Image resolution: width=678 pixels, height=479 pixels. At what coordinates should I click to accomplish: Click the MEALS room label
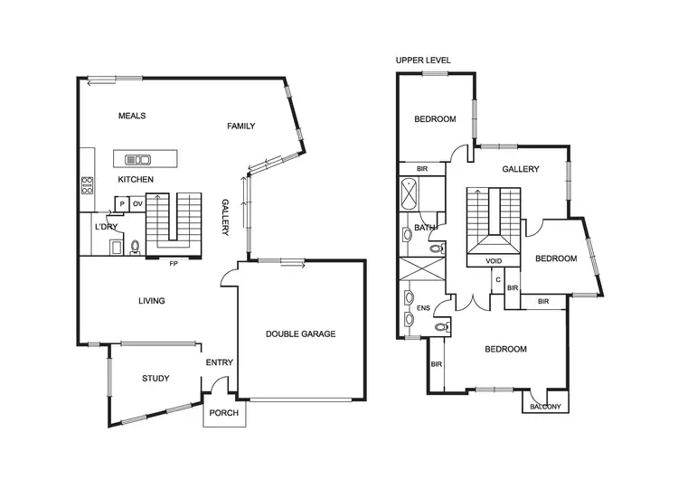coord(132,116)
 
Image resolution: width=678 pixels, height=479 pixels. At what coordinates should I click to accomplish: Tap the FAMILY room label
coord(241,127)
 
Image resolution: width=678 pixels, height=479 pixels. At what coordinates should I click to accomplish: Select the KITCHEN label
coord(136,180)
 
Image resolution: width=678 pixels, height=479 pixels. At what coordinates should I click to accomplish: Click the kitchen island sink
coord(137,160)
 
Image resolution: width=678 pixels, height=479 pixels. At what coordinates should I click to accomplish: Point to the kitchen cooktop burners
coord(88,185)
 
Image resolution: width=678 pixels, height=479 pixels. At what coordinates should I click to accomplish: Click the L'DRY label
coord(107,227)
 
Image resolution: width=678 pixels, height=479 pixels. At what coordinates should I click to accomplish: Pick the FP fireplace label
coord(173,264)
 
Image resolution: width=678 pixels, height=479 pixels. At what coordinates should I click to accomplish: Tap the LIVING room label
coord(151,301)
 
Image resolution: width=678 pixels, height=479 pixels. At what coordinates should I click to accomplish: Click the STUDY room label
coord(156,379)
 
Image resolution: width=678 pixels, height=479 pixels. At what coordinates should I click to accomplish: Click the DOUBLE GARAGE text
coord(300,334)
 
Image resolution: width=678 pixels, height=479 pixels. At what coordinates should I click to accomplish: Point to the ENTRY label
coord(220,362)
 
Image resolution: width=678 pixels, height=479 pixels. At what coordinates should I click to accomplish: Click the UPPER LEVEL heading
coord(423,61)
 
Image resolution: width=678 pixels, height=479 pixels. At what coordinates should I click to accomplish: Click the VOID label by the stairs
coord(494,261)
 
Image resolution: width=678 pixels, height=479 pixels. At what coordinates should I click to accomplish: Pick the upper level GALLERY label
coord(521,169)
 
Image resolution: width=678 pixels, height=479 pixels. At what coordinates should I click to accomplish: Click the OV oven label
coord(137,204)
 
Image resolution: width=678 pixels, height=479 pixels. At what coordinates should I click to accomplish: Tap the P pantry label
coord(122,204)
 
